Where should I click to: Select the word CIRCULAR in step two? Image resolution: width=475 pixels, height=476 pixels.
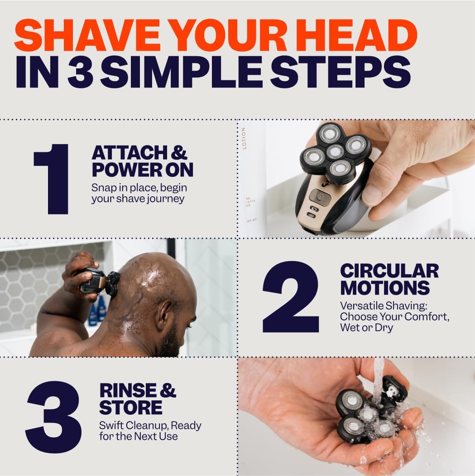[x=389, y=271]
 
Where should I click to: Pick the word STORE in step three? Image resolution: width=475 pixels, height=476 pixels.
[x=130, y=407]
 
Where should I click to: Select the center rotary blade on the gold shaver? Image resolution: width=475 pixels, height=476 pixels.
[x=335, y=152]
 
